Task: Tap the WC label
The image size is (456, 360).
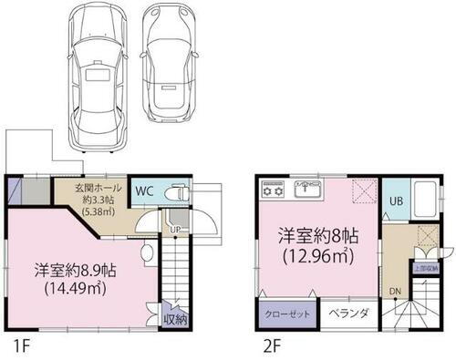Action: (145, 191)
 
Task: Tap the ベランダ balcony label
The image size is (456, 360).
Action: (348, 314)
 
